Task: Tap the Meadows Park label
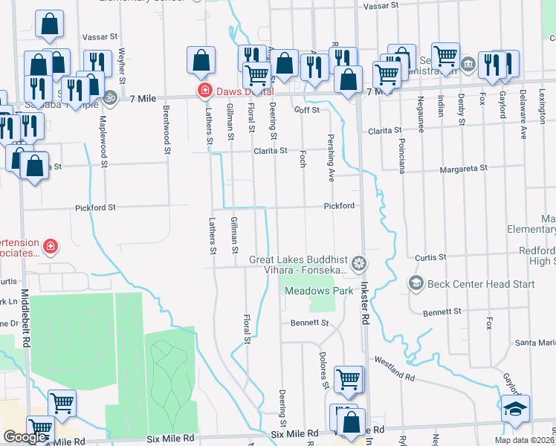click(319, 291)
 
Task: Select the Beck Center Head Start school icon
click(416, 283)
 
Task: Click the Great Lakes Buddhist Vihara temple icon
click(359, 263)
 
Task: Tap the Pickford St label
click(94, 207)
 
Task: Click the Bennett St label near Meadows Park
click(309, 323)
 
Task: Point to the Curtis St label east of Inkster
click(430, 257)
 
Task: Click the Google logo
click(25, 437)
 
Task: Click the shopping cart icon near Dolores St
click(348, 379)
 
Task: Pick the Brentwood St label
click(166, 130)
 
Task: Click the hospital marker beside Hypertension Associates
click(50, 245)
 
